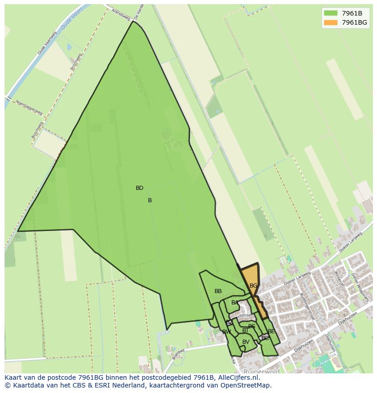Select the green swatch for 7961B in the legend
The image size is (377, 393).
point(331,13)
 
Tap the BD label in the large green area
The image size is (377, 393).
point(139,188)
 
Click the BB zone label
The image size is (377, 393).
point(218,291)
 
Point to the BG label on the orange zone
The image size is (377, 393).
point(253,286)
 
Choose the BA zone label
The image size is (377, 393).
point(234,303)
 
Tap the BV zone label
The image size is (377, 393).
point(246,342)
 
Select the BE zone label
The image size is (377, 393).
point(271,331)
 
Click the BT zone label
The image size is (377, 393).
point(245,330)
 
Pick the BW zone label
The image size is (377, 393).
point(226,332)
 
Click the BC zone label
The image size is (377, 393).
point(265,338)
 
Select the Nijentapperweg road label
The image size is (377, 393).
point(29,107)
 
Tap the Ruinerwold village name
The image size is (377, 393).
point(261,372)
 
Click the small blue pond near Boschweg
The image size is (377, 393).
point(69,47)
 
